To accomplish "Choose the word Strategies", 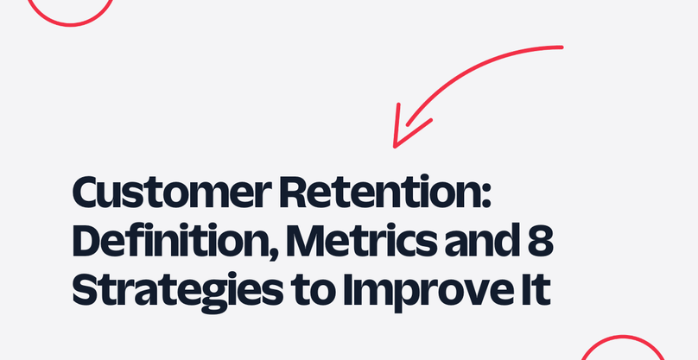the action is click(177, 292).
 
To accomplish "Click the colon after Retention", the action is click(485, 197).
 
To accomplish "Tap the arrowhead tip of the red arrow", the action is click(395, 147).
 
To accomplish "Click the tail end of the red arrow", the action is click(562, 47).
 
